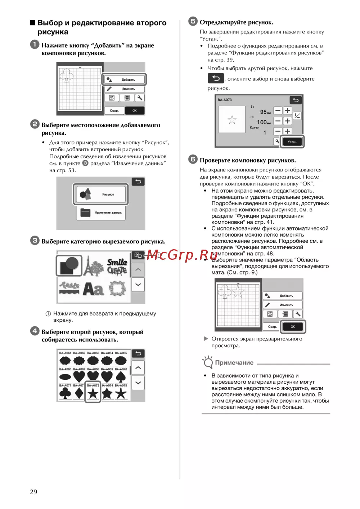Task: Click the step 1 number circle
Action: [x=35, y=45]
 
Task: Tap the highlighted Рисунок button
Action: [x=101, y=194]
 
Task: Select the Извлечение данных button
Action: [x=101, y=213]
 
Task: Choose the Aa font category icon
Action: [x=93, y=289]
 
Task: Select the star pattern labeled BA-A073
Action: [x=93, y=393]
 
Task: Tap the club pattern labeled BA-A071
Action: [x=65, y=393]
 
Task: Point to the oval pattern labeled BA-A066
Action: [x=65, y=377]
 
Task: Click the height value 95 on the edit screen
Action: [x=263, y=112]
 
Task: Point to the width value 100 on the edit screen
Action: [x=262, y=122]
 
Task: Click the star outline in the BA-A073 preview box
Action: [x=232, y=120]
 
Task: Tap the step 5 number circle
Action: [x=193, y=21]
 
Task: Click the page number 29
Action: [x=33, y=492]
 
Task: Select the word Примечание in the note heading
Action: [x=234, y=363]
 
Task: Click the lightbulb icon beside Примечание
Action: [x=208, y=362]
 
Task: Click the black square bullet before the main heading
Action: [x=32, y=23]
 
